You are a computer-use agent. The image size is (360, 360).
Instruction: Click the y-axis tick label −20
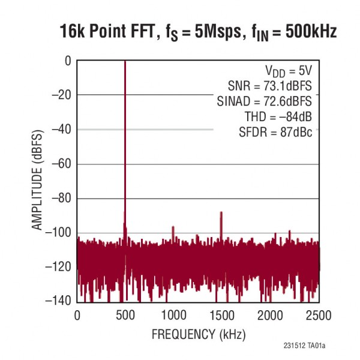(60, 95)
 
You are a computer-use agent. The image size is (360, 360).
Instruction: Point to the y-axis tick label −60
(60, 164)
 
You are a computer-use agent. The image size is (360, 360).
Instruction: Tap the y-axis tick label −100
(58, 233)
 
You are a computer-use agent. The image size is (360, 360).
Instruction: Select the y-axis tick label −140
(58, 301)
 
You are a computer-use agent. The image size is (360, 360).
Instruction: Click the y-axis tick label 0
(68, 61)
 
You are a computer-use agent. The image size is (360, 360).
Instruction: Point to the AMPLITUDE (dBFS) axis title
(37, 180)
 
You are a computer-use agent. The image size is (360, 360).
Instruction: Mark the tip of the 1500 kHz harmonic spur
(221, 212)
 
